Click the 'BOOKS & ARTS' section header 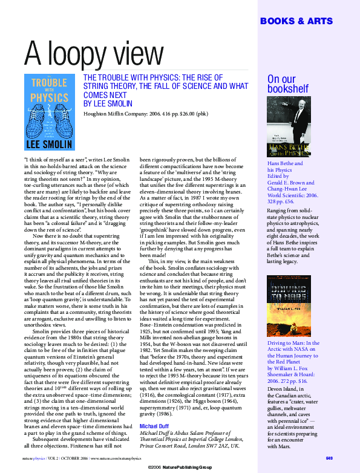point(296,21)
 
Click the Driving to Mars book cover point(289,305)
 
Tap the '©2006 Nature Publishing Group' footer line point(180,468)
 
